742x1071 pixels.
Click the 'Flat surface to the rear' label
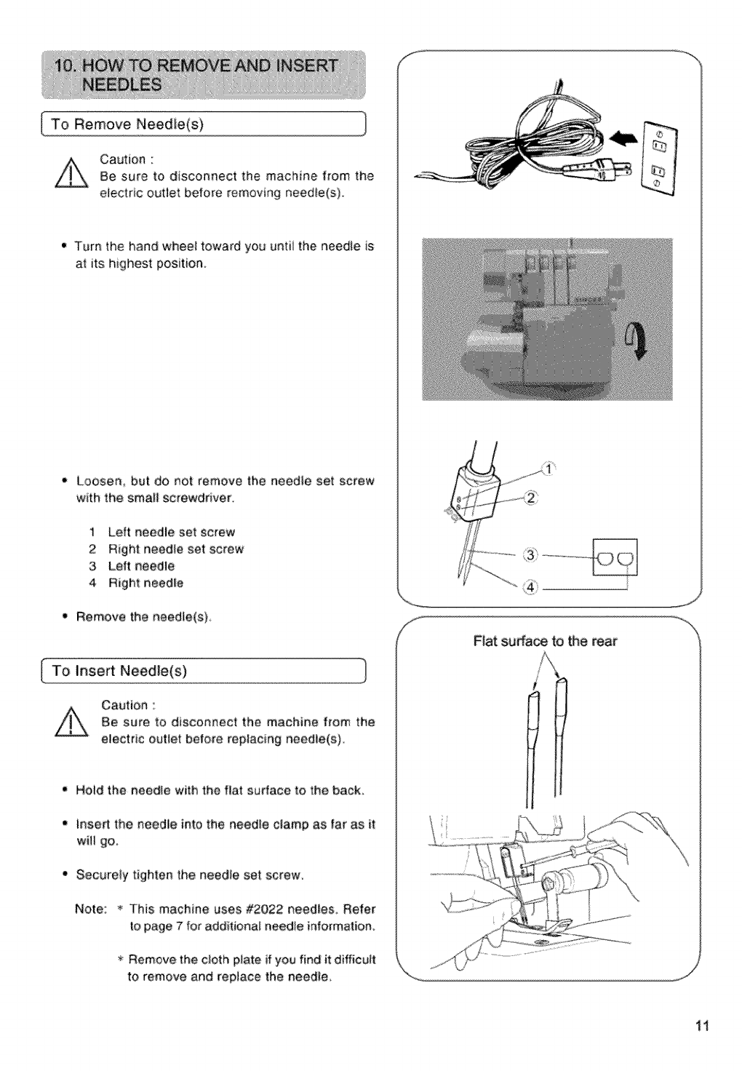point(545,641)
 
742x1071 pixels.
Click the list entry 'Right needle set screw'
point(175,549)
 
